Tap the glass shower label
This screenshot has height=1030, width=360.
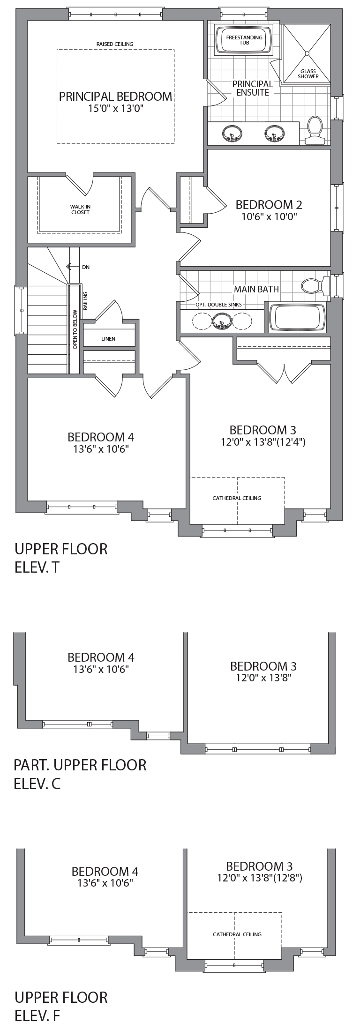pyautogui.click(x=308, y=74)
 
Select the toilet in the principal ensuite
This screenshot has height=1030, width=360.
pyautogui.click(x=314, y=130)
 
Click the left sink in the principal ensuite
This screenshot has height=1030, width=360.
pyautogui.click(x=232, y=133)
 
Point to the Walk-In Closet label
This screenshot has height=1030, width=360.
pyautogui.click(x=80, y=209)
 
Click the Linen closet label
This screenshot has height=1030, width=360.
pyautogui.click(x=108, y=339)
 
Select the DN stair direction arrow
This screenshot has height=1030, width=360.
pyautogui.click(x=69, y=267)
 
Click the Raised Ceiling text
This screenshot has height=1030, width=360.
pyautogui.click(x=115, y=44)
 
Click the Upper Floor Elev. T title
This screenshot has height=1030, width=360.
pyautogui.click(x=61, y=558)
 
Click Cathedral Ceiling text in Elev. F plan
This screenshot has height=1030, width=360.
pyautogui.click(x=237, y=934)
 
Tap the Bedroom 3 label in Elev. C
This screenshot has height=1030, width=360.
pyautogui.click(x=263, y=666)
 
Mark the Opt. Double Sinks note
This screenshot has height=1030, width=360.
pyautogui.click(x=219, y=305)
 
